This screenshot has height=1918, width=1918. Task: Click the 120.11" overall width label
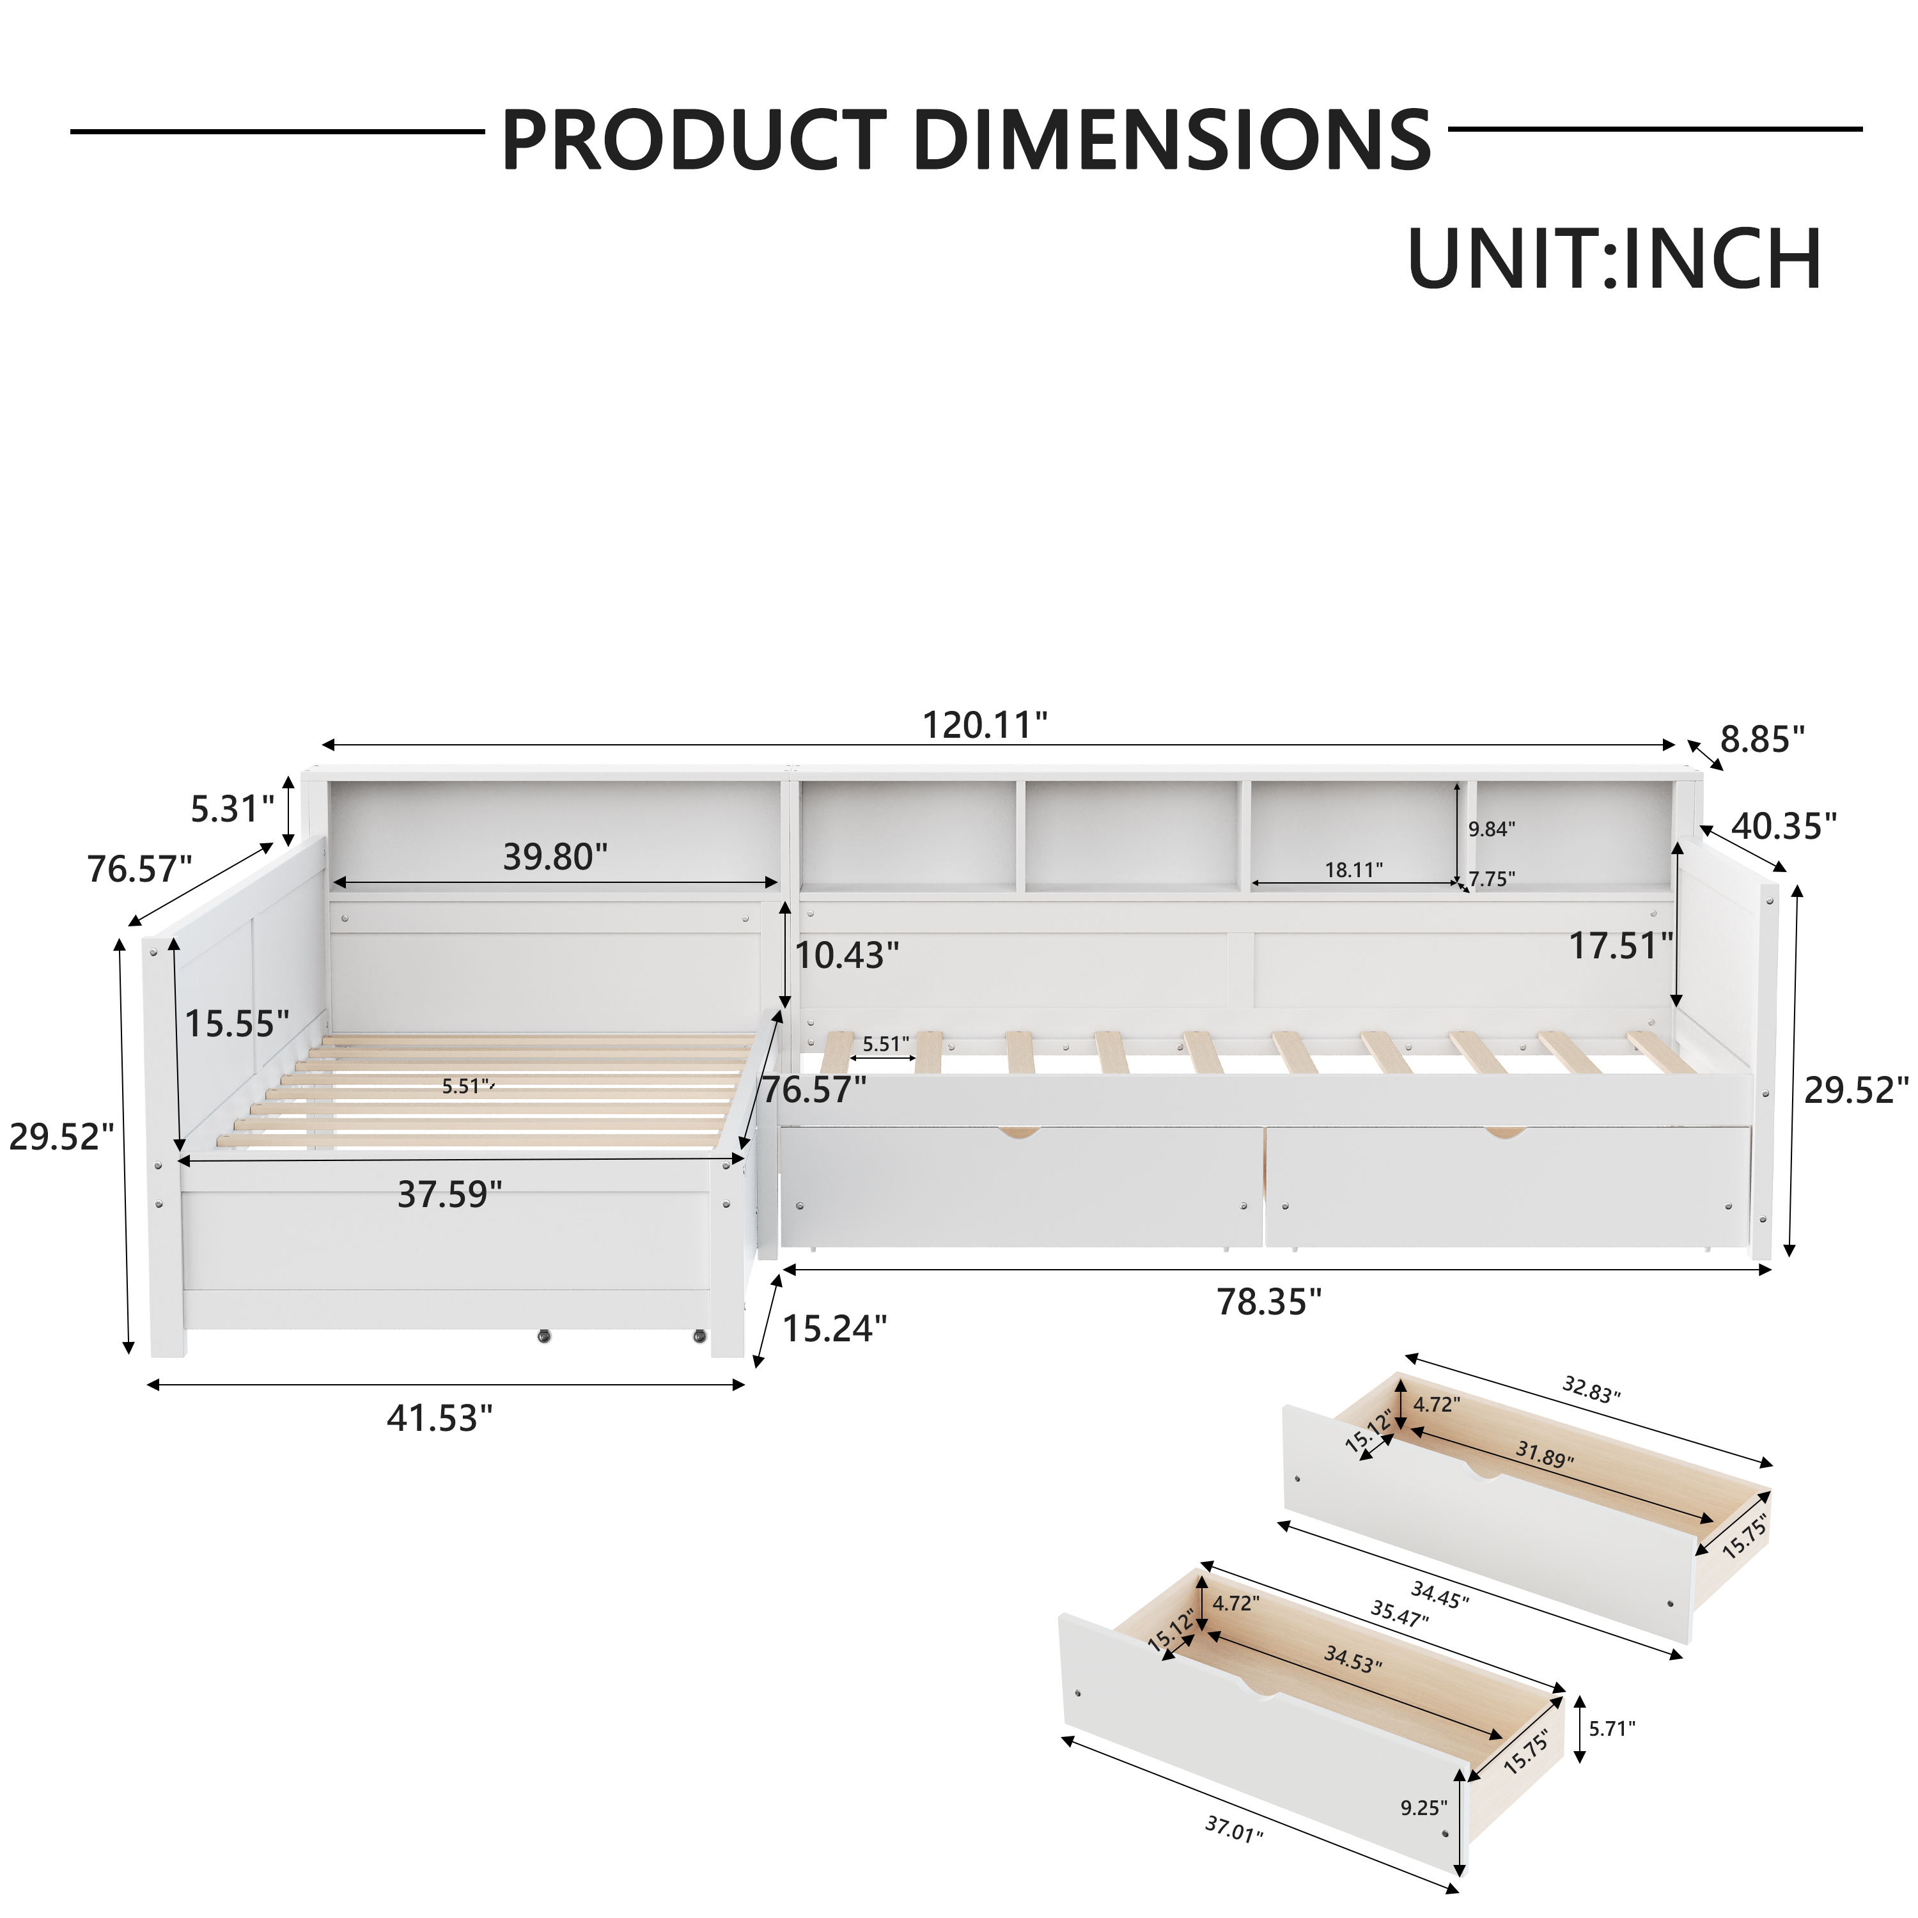985,726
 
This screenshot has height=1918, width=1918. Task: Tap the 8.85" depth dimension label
1762,740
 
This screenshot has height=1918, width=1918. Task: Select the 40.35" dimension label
1784,826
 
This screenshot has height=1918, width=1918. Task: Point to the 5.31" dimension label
232,809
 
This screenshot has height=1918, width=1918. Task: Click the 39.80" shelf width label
555,857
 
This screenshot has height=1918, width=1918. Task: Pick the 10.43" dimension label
847,955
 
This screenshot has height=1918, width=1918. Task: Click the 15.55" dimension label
237,1024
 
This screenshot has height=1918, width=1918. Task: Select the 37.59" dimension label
449,1194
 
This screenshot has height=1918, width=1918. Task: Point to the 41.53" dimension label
440,1419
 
